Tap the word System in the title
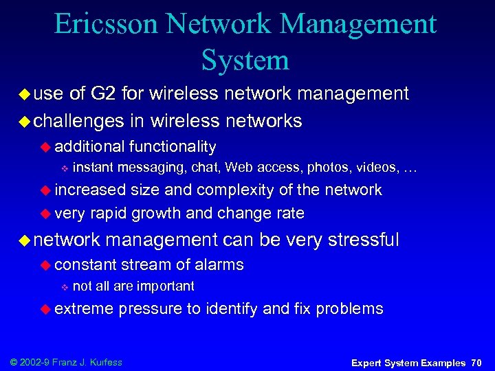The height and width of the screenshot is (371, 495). (x=245, y=60)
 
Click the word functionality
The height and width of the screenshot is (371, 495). (x=172, y=146)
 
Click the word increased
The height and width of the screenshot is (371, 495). (x=91, y=190)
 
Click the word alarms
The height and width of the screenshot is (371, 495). (x=219, y=265)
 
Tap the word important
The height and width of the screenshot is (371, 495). (x=166, y=286)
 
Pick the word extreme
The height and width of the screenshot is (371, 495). (x=84, y=308)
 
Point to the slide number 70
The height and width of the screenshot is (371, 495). (x=476, y=362)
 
